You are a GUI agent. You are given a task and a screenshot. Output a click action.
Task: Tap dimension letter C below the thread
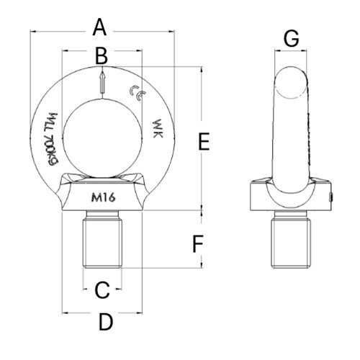(x=102, y=290)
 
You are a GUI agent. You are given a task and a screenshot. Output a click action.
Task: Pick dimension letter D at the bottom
(x=105, y=323)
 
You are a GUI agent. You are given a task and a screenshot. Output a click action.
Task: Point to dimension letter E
(x=204, y=142)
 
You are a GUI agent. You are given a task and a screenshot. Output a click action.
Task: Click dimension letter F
(x=199, y=245)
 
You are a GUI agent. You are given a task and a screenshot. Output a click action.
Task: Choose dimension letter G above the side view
(x=291, y=40)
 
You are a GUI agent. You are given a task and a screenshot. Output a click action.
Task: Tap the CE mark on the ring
(x=134, y=91)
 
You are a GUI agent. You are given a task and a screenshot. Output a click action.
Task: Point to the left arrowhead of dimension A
(x=32, y=31)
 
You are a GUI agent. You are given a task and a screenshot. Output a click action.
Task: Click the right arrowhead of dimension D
(x=138, y=312)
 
